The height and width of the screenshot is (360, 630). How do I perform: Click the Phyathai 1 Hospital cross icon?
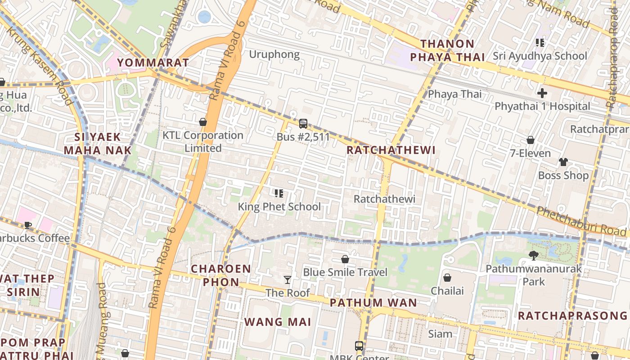point(542,94)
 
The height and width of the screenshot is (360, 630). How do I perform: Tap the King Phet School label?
point(279,207)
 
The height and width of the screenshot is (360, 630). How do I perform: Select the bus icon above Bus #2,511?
point(303,123)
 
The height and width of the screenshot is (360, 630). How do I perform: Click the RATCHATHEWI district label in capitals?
point(391,150)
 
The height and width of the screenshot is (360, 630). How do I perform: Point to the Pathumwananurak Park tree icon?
point(533,256)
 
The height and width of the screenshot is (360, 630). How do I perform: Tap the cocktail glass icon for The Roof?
point(288,280)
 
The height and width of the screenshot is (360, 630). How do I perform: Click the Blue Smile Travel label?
point(345,272)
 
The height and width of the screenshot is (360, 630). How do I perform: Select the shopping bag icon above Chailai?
point(447,278)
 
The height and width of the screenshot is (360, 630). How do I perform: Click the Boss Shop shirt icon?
point(563,162)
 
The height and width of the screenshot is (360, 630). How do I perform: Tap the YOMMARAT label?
point(153,63)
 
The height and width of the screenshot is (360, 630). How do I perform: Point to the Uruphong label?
point(274,55)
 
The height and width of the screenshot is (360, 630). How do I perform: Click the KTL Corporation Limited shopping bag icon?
point(203,122)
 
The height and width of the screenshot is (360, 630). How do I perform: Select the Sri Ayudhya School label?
point(540,56)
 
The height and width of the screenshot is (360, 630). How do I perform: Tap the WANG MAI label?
point(278,322)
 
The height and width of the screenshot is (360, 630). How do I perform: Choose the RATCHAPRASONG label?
point(572,315)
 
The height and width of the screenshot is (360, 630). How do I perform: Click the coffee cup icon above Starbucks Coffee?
point(28,225)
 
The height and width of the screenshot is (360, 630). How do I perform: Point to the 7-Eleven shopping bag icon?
point(531,140)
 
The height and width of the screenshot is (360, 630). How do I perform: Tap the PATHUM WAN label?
point(373,303)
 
